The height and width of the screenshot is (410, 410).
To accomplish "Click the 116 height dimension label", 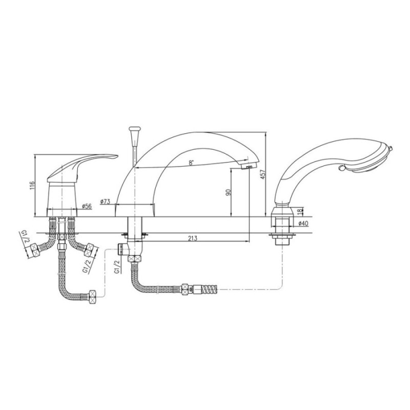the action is point(32,186).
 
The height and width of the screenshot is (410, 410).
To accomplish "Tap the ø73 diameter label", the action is point(105,201).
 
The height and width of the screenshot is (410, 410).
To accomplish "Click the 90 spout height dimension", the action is point(228,192).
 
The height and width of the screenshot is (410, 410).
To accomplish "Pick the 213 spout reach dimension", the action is point(193,238).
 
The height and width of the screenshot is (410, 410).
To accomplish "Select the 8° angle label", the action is point(191,162).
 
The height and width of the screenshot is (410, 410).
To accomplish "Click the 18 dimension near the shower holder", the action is point(300,211).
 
